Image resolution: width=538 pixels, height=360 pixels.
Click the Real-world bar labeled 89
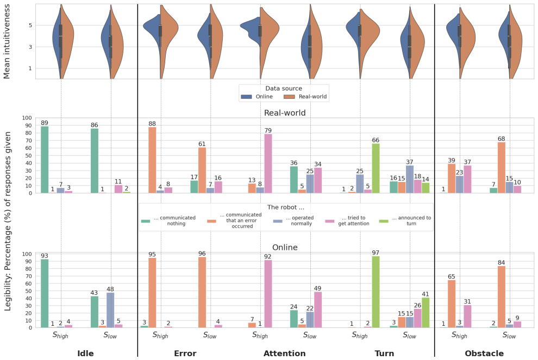(x=45, y=160)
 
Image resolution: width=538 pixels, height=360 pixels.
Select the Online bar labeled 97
(x=376, y=292)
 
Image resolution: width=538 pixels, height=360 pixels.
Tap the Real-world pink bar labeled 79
(x=268, y=163)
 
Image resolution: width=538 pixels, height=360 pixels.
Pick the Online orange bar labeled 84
(x=501, y=296)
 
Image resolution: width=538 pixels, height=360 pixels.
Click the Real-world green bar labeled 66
(x=376, y=168)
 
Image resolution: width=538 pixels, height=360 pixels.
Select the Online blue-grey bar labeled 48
(x=110, y=310)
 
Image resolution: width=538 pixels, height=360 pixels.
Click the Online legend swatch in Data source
(x=246, y=97)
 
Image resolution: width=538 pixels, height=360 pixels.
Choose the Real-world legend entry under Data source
(x=305, y=97)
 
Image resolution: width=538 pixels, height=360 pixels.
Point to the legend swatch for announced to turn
(x=384, y=221)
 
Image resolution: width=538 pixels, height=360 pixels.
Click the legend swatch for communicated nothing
(x=146, y=221)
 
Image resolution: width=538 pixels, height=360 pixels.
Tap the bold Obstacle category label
(x=484, y=353)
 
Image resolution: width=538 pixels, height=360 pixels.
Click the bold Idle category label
(x=85, y=353)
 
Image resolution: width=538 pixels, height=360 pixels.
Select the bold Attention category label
(x=284, y=353)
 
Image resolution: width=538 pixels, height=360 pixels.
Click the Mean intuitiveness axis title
(x=7, y=41)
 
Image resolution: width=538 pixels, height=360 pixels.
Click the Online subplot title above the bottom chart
(x=285, y=247)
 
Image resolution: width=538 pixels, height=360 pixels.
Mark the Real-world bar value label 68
(x=501, y=138)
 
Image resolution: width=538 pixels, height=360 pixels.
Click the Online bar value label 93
(x=45, y=256)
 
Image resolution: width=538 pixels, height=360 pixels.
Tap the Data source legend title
(x=284, y=89)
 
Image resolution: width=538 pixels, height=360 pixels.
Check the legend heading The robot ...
(x=285, y=207)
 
